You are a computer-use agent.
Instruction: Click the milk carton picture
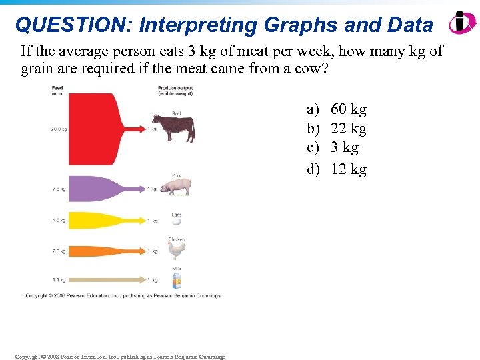pos(177,281)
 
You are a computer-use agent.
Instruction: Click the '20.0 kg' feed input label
pos(59,129)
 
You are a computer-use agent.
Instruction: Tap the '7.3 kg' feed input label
pos(59,189)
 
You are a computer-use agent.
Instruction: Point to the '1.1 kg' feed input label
pos(59,279)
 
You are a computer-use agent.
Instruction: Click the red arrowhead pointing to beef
pos(142,129)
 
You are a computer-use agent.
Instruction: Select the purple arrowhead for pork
pos(142,189)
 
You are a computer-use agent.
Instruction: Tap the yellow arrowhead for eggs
pos(142,221)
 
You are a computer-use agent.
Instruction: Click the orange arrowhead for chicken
pos(142,251)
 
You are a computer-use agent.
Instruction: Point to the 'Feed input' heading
pos(58,91)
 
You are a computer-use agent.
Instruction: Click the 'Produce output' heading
pos(175,91)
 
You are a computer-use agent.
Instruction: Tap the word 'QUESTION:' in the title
pos(65,25)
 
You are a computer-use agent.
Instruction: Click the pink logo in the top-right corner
pos(461,23)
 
